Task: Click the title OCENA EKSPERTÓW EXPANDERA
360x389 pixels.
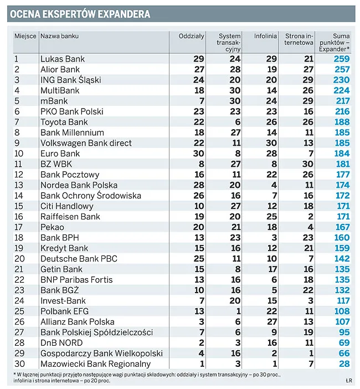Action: point(80,14)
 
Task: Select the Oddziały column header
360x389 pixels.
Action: point(192,36)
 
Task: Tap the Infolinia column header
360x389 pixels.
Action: point(265,36)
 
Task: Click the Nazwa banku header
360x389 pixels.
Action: point(60,36)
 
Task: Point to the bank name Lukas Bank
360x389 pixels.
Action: point(63,59)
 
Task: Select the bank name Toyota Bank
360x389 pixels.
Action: point(64,122)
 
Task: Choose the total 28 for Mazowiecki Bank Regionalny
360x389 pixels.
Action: point(345,364)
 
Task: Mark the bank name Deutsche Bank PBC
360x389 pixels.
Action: point(78,259)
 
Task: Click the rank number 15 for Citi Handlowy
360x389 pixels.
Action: point(19,206)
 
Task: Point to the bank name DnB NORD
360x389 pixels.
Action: point(61,343)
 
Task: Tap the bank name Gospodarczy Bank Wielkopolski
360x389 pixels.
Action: point(101,354)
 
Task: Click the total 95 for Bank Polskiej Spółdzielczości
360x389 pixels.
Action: point(345,332)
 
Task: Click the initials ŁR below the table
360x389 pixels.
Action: point(347,381)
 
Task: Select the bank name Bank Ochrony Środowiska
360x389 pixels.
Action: point(91,196)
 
